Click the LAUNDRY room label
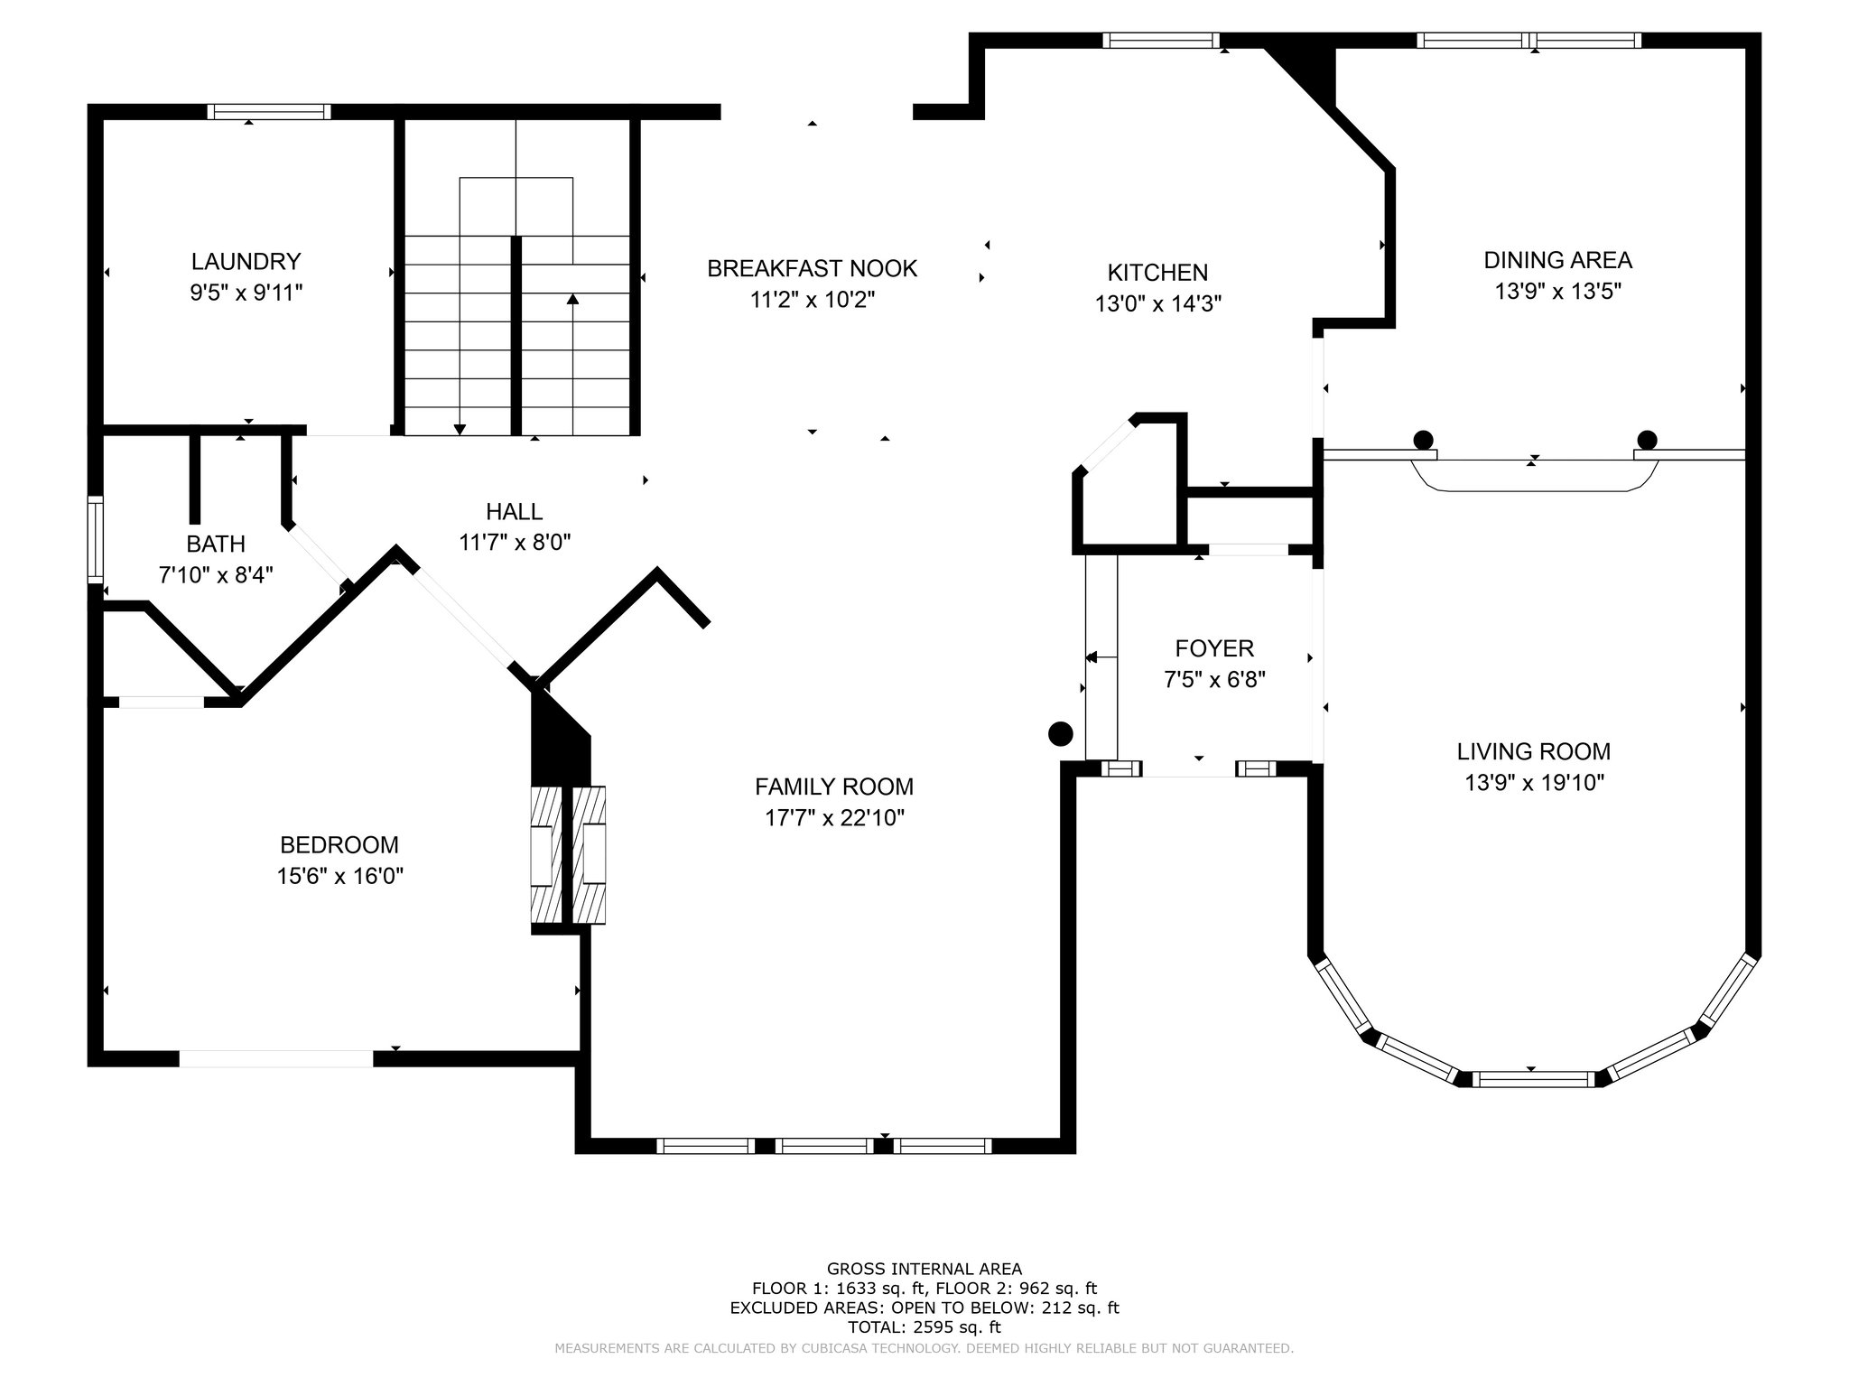point(246,262)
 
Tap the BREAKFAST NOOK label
point(812,269)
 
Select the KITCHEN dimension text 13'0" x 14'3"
point(1158,303)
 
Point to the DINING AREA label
point(1557,260)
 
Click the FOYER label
point(1214,648)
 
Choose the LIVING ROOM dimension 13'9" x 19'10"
point(1534,782)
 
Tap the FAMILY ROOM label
point(834,787)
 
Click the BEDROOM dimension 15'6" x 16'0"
point(339,876)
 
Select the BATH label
point(216,545)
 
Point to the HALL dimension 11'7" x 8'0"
point(515,543)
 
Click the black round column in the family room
point(1060,733)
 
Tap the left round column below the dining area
point(1423,441)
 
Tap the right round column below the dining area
point(1647,441)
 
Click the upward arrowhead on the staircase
point(572,299)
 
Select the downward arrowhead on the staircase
point(460,429)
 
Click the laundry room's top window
point(269,112)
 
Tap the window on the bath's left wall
point(95,539)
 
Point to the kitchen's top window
point(1161,41)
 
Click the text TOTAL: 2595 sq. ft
point(924,1327)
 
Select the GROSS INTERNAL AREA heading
point(924,1269)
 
